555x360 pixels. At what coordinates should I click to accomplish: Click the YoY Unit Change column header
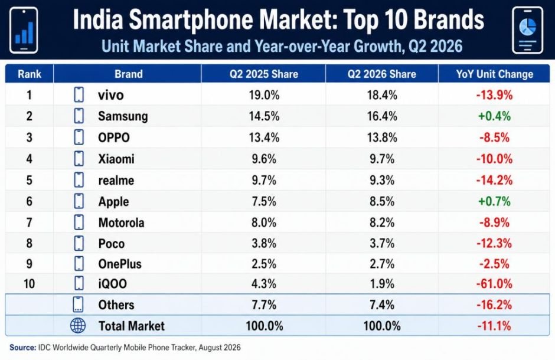click(494, 74)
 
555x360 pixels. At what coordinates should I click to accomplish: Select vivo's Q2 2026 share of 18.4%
click(382, 95)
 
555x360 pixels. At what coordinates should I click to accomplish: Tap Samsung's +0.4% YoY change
click(494, 116)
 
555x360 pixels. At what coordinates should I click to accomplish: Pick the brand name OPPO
click(114, 137)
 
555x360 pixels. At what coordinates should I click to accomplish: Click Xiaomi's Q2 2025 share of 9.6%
click(264, 159)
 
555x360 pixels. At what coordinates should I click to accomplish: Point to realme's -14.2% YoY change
click(494, 180)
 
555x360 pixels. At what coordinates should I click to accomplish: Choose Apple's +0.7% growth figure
click(494, 201)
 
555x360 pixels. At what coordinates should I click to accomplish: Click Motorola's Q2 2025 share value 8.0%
click(264, 222)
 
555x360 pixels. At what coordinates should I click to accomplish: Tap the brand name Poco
click(112, 244)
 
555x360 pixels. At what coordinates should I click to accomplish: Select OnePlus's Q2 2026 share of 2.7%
click(382, 264)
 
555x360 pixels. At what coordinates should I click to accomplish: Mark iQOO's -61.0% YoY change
click(494, 284)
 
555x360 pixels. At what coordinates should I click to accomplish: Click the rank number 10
click(29, 284)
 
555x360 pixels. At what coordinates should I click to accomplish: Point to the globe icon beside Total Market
click(78, 326)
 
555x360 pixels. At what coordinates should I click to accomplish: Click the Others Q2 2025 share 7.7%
click(264, 305)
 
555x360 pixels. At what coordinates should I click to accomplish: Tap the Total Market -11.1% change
click(494, 326)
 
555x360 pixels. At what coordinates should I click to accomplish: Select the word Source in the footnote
click(22, 348)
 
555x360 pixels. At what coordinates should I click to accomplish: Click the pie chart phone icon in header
click(527, 31)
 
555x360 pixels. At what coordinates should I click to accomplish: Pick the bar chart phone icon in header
click(24, 31)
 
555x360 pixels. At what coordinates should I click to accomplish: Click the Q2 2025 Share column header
click(264, 74)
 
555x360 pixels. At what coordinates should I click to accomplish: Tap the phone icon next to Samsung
click(79, 116)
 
